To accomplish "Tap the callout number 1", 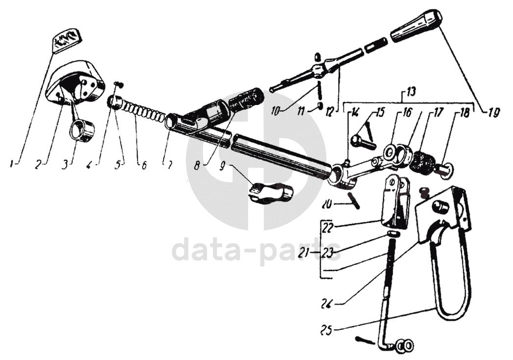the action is [12, 165].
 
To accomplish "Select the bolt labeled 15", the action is [362, 143].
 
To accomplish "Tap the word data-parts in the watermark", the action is [256, 250].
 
